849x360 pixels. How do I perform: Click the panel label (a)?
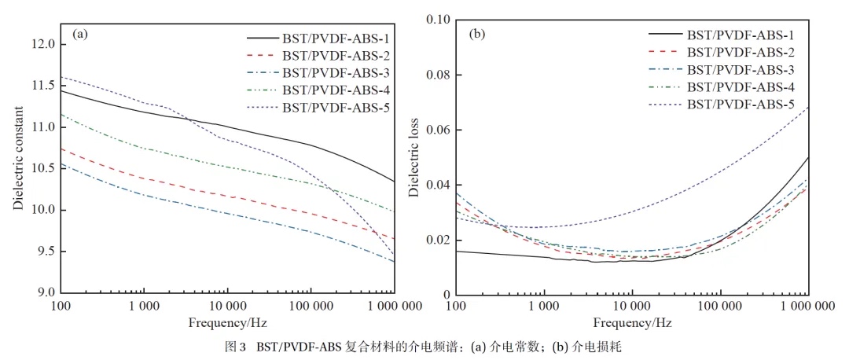pyautogui.click(x=79, y=34)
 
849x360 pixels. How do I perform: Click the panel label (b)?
pyautogui.click(x=477, y=34)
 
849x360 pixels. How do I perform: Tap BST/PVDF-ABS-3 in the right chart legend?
pyautogui.click(x=740, y=69)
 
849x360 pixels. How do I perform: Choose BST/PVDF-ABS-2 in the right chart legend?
pyautogui.click(x=740, y=52)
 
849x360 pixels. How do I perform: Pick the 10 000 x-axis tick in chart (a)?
pyautogui.click(x=228, y=304)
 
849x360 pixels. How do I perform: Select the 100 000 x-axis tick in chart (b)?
pyautogui.click(x=721, y=304)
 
